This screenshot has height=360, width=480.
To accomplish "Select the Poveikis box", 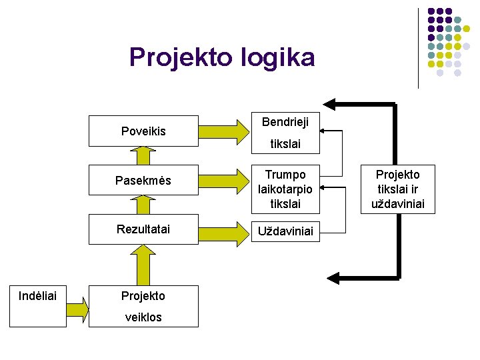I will [x=143, y=131].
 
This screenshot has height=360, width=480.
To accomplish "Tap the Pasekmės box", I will [x=143, y=181].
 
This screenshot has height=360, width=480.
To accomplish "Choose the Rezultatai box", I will [x=143, y=229].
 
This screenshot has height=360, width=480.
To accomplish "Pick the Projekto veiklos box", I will [x=143, y=306].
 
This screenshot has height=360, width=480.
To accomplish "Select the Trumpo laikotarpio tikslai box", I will [x=285, y=189].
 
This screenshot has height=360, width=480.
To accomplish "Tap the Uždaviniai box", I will [x=285, y=232].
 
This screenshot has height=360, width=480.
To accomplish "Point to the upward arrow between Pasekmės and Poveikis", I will [x=143, y=155].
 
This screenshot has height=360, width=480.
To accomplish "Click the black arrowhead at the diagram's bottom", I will [x=335, y=275].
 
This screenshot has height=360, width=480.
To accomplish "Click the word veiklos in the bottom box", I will [x=143, y=317].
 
